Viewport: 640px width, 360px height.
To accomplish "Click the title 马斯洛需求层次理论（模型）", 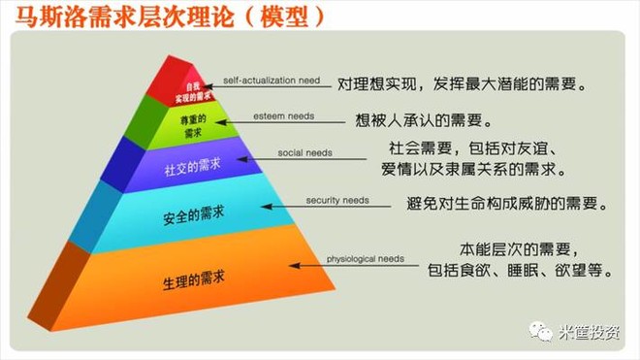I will pos(164,16).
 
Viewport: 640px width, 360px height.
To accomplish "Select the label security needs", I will pos(337,200).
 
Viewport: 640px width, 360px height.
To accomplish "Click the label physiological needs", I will pos(365,259).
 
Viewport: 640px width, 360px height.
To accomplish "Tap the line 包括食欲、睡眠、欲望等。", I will pos(519,272).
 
